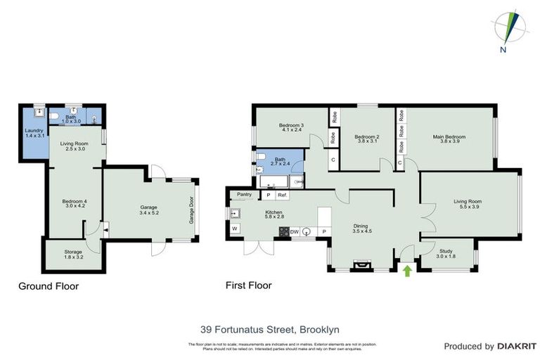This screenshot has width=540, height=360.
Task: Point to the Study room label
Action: point(445,250)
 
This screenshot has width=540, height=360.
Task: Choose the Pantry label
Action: point(245,194)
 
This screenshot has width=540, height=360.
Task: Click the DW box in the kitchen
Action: point(294,231)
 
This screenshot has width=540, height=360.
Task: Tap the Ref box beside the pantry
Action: point(282,195)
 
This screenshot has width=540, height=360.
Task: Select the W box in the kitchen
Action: point(235,229)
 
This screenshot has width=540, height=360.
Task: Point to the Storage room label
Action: point(73,251)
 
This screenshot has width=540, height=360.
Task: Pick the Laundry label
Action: point(34,130)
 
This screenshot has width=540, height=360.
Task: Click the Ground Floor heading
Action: point(49,286)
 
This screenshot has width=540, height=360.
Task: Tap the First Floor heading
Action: point(248,285)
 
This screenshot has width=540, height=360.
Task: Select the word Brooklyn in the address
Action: point(320,328)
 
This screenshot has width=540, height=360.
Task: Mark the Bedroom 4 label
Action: point(73,202)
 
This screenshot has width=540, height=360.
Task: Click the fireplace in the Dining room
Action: point(362,265)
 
